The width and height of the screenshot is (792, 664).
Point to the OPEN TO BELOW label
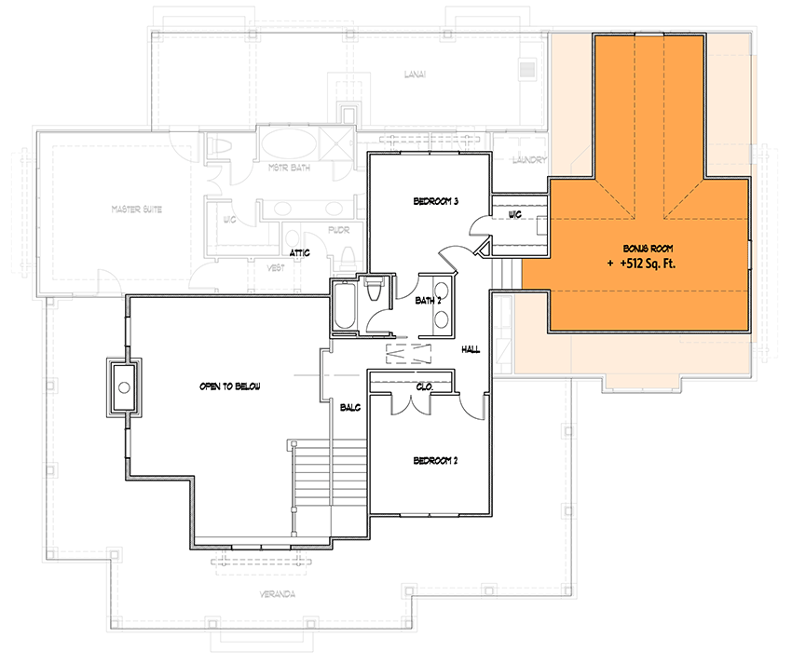coord(228,386)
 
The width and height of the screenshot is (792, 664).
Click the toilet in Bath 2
coord(376,291)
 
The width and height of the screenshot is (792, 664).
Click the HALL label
coord(471,349)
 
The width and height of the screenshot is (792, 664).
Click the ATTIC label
coord(299,252)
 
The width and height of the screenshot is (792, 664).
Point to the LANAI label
coord(415,75)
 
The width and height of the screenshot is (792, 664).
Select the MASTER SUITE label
coord(137,210)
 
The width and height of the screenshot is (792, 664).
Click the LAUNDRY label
coord(528,160)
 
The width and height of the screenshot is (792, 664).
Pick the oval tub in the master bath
coord(285,145)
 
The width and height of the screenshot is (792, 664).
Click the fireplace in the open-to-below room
coord(123,386)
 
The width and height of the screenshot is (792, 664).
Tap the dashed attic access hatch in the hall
coord(410,353)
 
